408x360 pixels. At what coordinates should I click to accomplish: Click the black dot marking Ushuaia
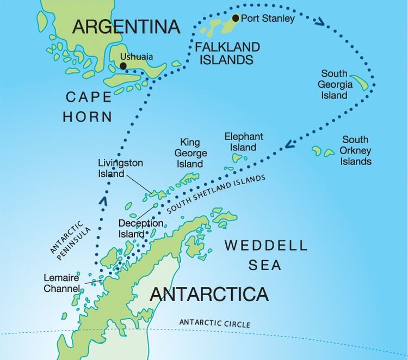click(123, 66)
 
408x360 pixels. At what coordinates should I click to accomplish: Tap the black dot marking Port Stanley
click(236, 18)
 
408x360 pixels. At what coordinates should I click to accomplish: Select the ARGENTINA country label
click(127, 26)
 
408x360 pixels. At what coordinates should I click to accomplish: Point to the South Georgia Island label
click(333, 84)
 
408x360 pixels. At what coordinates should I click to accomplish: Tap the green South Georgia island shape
click(360, 83)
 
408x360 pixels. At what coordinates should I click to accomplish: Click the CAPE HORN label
click(88, 106)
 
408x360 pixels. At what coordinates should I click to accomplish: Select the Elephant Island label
click(244, 142)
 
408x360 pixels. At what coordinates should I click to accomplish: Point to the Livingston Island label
click(120, 168)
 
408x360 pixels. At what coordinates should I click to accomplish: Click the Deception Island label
click(140, 229)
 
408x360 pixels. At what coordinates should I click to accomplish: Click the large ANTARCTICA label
click(209, 294)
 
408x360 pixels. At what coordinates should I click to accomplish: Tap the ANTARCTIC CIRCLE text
click(215, 324)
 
